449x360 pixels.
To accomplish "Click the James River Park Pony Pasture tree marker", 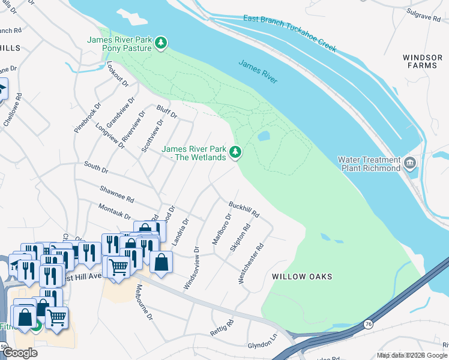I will (x=160, y=43).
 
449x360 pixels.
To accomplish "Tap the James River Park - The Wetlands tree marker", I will (x=236, y=153).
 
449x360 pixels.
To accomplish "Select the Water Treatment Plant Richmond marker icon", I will (x=410, y=164).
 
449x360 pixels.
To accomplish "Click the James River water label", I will (x=258, y=71).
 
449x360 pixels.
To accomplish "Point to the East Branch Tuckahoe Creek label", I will (x=290, y=34).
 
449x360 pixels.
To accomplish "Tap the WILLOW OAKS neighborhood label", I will (x=302, y=277).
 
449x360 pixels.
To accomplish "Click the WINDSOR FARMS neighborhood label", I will (x=423, y=62).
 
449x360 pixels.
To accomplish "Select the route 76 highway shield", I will (x=367, y=325).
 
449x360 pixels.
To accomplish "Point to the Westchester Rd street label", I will (x=251, y=263).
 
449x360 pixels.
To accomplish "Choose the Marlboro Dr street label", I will (x=221, y=230).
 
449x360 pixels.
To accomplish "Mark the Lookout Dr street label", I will (x=118, y=74).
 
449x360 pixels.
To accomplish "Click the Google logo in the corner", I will (x=20, y=353).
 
